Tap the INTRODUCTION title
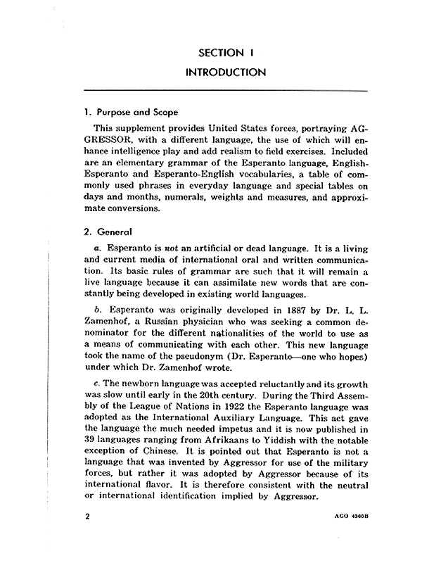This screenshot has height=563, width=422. (x=225, y=72)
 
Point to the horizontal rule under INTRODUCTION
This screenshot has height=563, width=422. (x=225, y=91)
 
